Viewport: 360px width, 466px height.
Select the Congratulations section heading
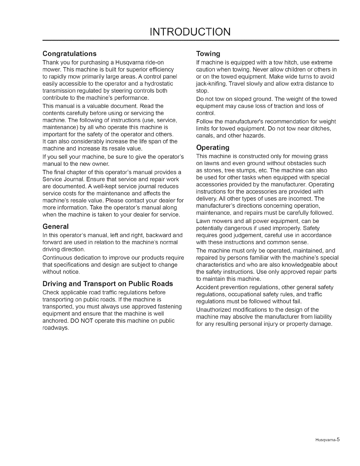(x=69, y=54)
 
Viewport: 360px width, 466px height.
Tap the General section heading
(x=56, y=227)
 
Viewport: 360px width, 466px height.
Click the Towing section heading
(x=208, y=54)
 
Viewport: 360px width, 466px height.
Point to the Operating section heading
(x=213, y=147)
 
